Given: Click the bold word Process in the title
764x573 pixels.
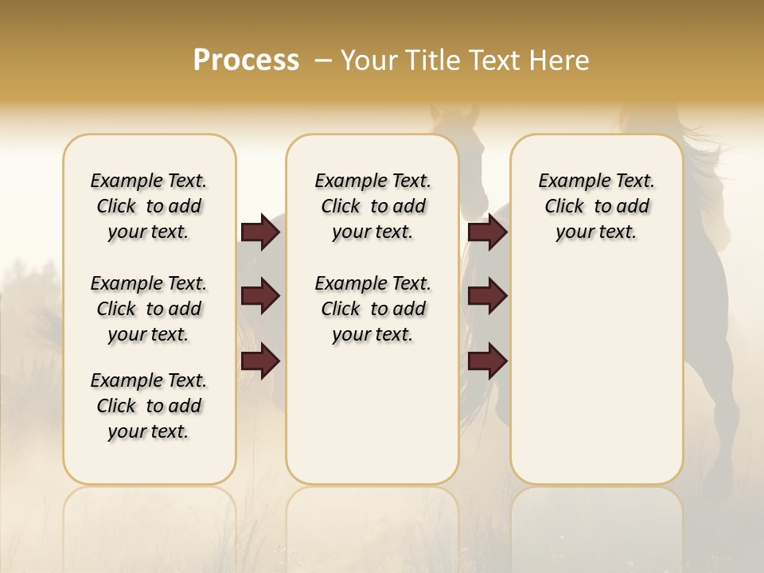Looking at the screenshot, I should pos(246,60).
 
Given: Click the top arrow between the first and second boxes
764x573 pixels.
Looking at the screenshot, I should pos(260,232).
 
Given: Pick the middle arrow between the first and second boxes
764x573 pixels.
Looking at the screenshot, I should pos(260,296).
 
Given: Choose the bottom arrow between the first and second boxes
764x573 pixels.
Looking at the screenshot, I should pos(260,361).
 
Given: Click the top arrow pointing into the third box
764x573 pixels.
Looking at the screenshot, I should pos(487,232).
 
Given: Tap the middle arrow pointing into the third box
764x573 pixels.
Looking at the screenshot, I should pos(487,296).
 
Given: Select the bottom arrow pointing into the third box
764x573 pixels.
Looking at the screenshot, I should pos(487,361).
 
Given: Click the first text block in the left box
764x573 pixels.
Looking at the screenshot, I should pos(149,206).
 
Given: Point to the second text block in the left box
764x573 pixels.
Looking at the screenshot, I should pos(149,309).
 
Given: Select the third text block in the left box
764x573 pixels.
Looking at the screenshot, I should pos(149,406).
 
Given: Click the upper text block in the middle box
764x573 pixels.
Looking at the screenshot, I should pos(372,206).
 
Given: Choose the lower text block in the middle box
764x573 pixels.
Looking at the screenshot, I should pos(372,309).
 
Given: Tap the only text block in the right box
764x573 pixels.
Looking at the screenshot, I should pos(596,206).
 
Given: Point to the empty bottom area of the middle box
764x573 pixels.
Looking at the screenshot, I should pos(372,422).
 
